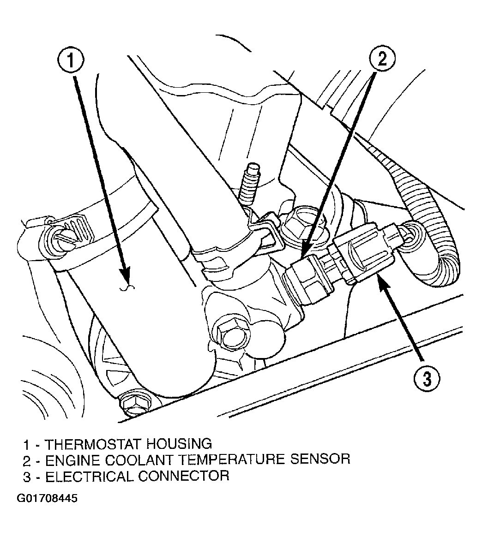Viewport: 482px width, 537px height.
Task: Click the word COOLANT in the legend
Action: (139, 460)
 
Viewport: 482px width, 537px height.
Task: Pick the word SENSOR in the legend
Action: (320, 459)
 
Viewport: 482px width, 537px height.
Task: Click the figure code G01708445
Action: (47, 498)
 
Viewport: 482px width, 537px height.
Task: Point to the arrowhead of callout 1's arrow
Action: (125, 277)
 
